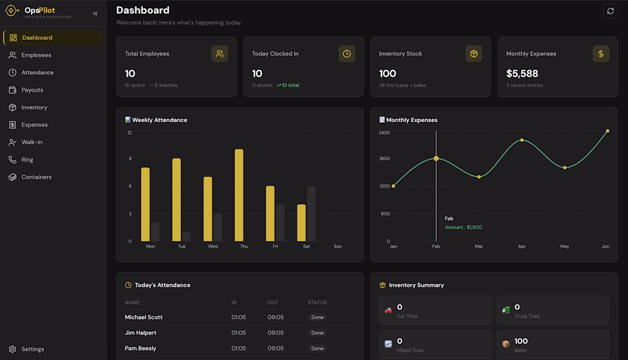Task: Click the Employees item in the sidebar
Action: [36, 55]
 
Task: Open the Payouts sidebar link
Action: [32, 90]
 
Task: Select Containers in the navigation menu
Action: [36, 177]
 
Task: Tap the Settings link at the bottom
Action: [33, 349]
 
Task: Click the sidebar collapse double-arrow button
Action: [95, 14]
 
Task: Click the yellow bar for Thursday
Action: [239, 195]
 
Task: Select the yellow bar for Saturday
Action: [301, 223]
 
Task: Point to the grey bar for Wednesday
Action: [218, 228]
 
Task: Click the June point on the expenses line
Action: [607, 131]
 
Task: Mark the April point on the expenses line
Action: [522, 140]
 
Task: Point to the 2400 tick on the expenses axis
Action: [384, 132]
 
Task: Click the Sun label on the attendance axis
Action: [337, 246]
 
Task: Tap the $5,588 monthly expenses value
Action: [522, 74]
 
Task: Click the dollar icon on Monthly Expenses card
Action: [601, 54]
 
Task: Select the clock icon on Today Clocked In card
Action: [347, 54]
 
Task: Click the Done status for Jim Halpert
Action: [317, 333]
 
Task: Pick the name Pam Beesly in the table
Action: [140, 349]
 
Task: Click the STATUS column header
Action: [317, 303]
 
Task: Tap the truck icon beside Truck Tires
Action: [506, 310]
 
